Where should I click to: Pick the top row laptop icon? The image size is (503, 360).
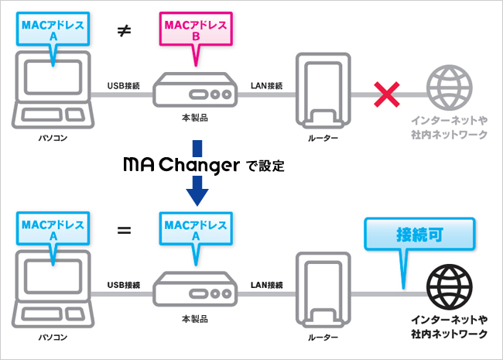pos(53,94)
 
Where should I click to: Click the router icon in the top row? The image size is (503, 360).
pos(323,91)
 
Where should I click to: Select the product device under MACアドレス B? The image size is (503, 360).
pos(194,91)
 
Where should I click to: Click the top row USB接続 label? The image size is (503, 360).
pos(124,85)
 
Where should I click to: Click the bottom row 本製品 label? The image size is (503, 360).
pos(193,319)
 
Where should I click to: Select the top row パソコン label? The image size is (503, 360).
pos(53,137)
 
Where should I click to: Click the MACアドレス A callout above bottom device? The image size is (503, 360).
pos(195,230)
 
